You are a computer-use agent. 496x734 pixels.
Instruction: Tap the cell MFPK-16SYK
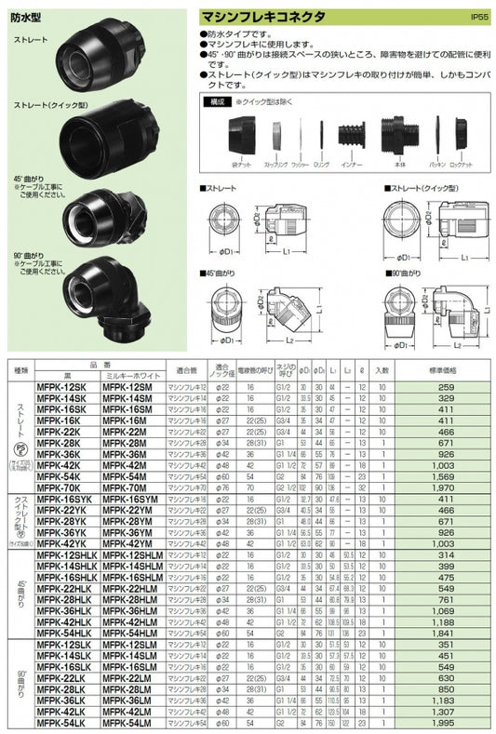coord(63,499)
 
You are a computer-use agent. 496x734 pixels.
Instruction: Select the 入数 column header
coord(382,369)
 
